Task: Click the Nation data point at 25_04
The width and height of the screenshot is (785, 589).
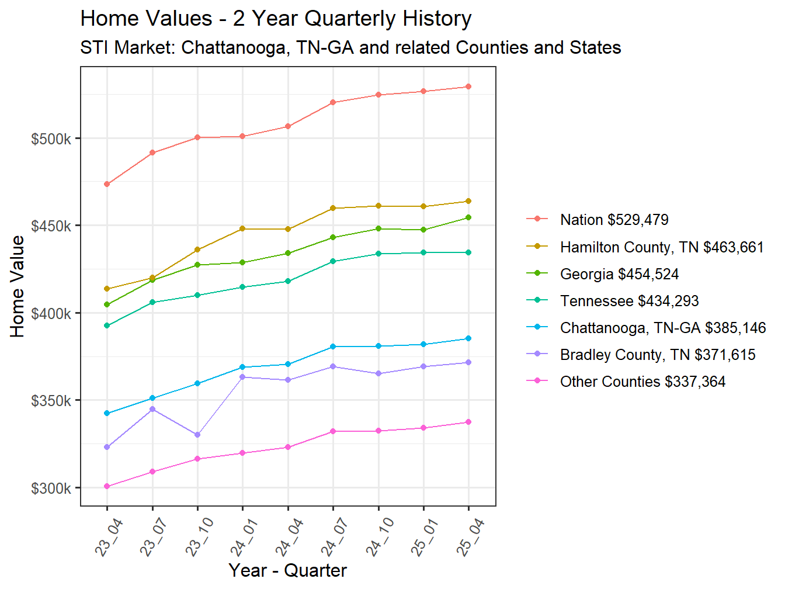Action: click(x=468, y=86)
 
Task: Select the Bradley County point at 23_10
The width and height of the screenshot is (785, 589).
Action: click(x=197, y=435)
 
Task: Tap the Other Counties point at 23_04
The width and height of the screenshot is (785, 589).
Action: click(x=107, y=486)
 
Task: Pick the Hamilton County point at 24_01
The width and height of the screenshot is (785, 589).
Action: click(x=242, y=228)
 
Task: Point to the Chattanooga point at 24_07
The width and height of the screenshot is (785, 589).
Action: click(x=333, y=347)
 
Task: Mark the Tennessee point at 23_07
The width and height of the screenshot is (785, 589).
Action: click(x=152, y=302)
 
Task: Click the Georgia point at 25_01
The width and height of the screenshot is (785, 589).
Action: click(x=423, y=230)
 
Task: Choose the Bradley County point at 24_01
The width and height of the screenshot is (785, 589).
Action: click(x=242, y=377)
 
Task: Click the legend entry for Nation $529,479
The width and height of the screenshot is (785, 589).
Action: click(x=614, y=220)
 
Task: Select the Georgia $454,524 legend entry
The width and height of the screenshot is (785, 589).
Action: click(x=619, y=274)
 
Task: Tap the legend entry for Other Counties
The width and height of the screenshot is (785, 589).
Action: click(x=642, y=382)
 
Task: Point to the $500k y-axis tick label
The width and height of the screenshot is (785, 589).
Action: click(x=51, y=139)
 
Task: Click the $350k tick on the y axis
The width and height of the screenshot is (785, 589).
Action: click(x=51, y=401)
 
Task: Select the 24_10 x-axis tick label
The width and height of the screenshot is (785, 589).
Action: click(x=380, y=536)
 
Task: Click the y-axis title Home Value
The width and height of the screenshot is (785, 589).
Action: click(x=18, y=286)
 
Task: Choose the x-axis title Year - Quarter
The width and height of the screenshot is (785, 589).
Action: click(x=287, y=570)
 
